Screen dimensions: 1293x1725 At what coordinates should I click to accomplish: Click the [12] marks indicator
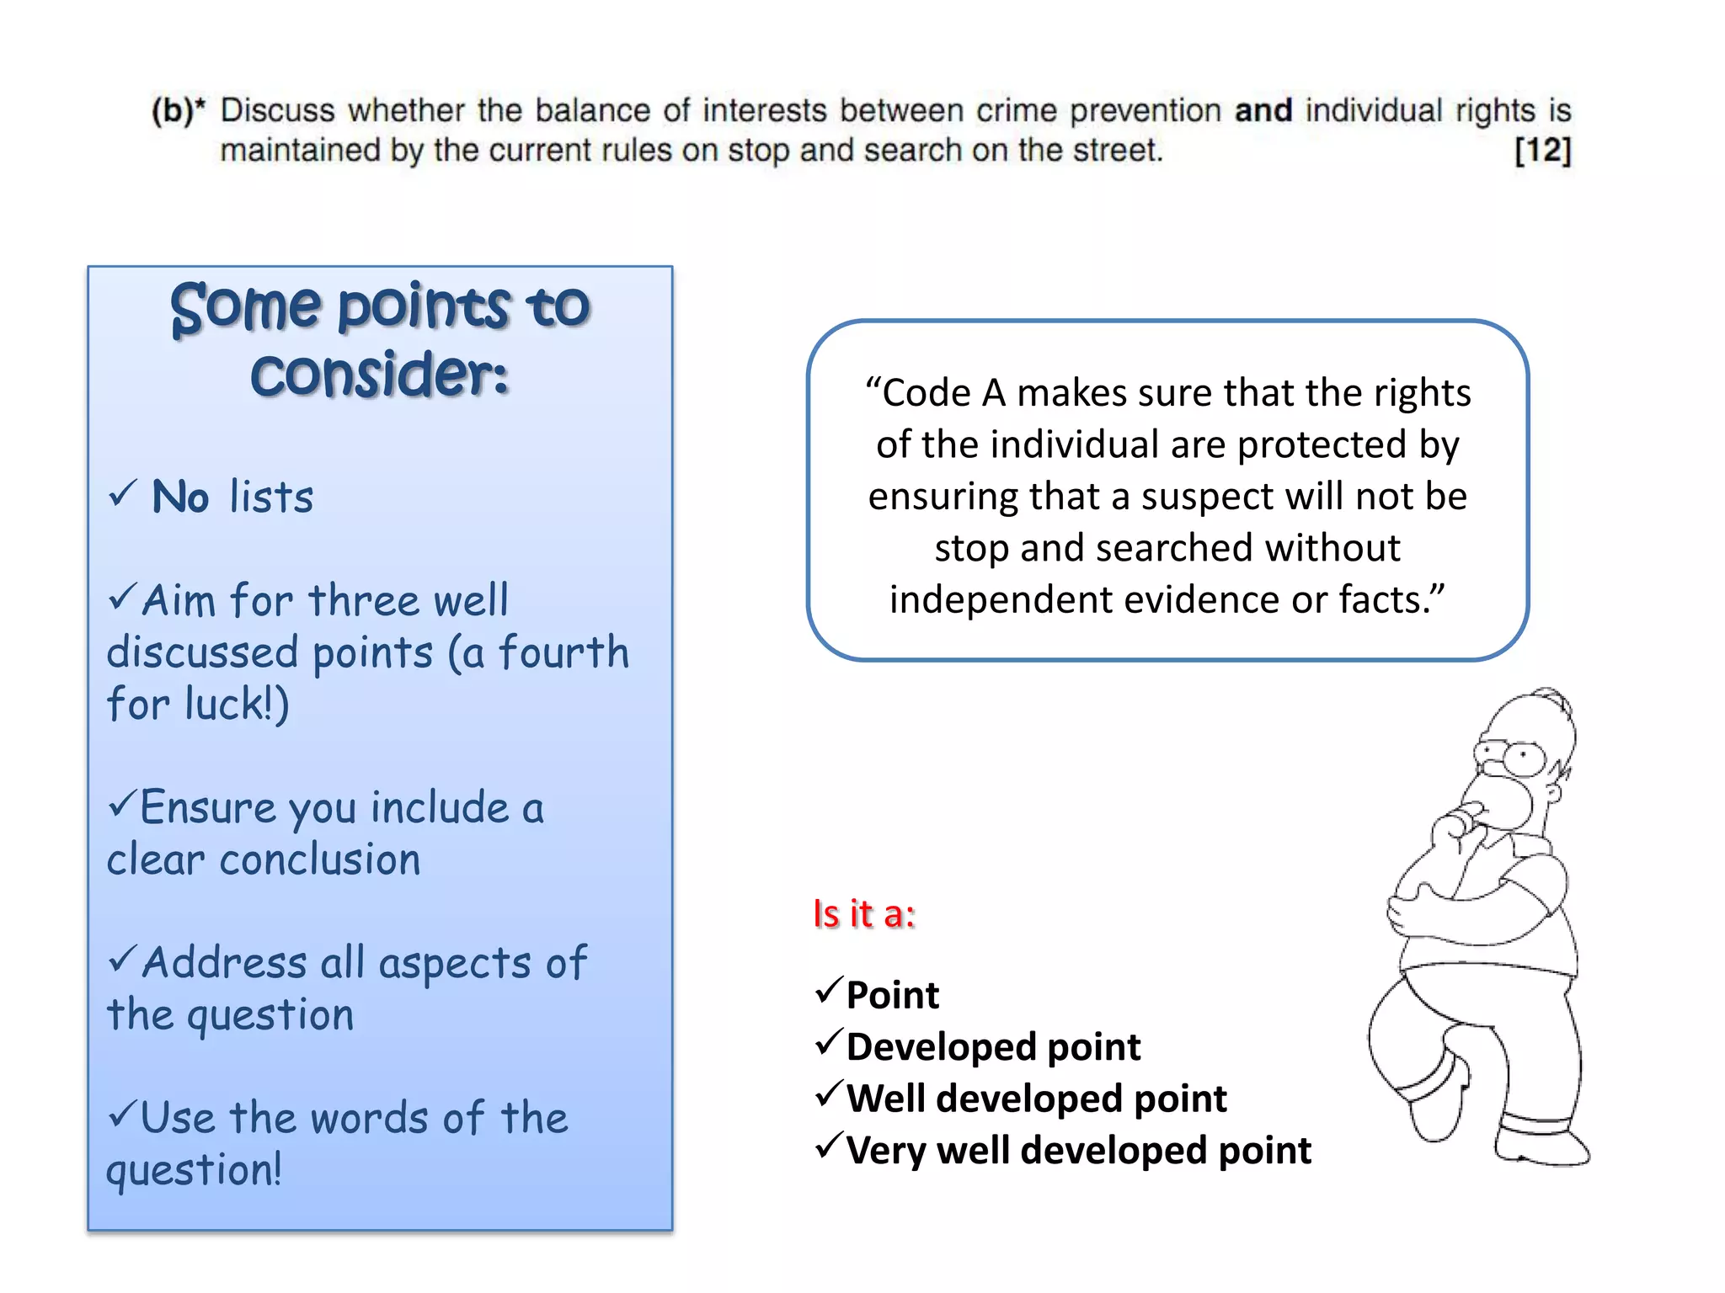coord(1542,152)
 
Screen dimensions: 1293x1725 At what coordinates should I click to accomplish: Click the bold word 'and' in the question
coord(1263,110)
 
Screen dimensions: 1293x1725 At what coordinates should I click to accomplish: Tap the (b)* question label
coord(178,110)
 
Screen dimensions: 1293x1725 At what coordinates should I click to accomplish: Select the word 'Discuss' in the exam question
coord(278,110)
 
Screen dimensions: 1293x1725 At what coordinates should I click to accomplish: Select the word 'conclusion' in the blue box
coord(320,859)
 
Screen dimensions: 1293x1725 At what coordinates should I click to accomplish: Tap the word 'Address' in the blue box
coord(225,962)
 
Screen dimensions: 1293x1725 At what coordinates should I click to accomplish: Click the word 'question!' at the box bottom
coord(195,1170)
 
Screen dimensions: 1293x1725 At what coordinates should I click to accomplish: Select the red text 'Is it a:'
coord(864,913)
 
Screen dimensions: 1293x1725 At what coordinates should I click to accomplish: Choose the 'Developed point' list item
coord(993,1046)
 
